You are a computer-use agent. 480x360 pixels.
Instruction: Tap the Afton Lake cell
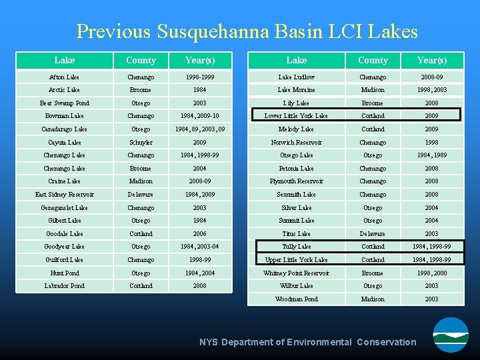click(64, 77)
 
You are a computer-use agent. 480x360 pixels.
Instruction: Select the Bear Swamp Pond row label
click(64, 103)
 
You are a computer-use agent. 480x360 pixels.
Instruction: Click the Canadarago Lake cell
click(64, 129)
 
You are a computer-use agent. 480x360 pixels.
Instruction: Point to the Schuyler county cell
click(141, 143)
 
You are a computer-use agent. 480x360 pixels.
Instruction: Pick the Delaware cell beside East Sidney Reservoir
click(141, 195)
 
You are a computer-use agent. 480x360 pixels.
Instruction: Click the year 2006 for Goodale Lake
click(199, 234)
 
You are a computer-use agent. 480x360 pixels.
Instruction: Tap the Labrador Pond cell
click(64, 286)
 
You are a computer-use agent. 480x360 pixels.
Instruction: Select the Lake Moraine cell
click(296, 90)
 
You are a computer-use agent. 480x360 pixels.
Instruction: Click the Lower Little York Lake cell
click(296, 116)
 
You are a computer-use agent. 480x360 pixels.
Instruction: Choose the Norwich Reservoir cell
click(296, 143)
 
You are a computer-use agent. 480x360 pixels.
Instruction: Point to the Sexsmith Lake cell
click(296, 195)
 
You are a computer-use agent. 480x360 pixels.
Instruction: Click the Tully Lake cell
click(296, 247)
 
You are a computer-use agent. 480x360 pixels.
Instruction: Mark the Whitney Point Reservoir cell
click(296, 273)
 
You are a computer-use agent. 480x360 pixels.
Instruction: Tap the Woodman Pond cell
click(296, 299)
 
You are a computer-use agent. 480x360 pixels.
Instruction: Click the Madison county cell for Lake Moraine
click(373, 90)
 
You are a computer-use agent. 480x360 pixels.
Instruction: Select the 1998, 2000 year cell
click(431, 273)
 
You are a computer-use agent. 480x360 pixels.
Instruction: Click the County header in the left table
click(141, 61)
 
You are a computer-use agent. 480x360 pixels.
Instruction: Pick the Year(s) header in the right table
click(431, 61)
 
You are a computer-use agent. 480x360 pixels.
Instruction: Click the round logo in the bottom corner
click(451, 335)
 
